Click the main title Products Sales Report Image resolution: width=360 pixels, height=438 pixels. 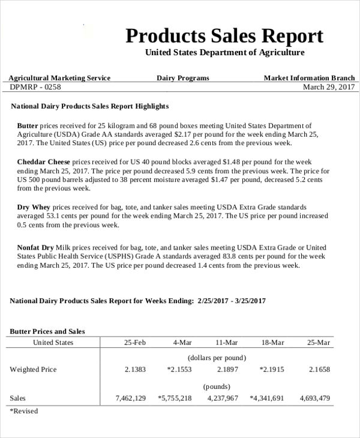click(x=224, y=36)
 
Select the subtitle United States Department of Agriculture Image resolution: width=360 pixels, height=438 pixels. click(x=224, y=53)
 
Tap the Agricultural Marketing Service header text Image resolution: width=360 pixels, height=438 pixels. click(x=59, y=78)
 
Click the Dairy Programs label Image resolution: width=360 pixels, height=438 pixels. click(x=183, y=78)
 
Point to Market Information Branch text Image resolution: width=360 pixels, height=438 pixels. click(x=309, y=78)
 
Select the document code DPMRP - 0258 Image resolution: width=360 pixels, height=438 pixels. click(x=35, y=87)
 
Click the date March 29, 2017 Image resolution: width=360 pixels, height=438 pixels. click(x=329, y=87)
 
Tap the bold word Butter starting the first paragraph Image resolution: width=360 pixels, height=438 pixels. click(x=28, y=126)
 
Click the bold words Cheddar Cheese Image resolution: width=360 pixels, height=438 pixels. click(x=44, y=162)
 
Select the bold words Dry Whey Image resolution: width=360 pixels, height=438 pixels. click(x=34, y=207)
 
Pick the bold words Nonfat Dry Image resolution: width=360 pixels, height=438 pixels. click(x=35, y=247)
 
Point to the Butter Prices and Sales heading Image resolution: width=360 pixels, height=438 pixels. click(x=47, y=331)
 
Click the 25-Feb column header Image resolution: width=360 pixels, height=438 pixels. click(x=134, y=343)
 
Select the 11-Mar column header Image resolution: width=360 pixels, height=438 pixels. click(x=226, y=343)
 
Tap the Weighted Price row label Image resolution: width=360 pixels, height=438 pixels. click(x=33, y=370)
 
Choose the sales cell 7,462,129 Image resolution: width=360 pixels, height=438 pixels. click(x=130, y=398)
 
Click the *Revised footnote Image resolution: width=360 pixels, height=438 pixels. click(x=24, y=412)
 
